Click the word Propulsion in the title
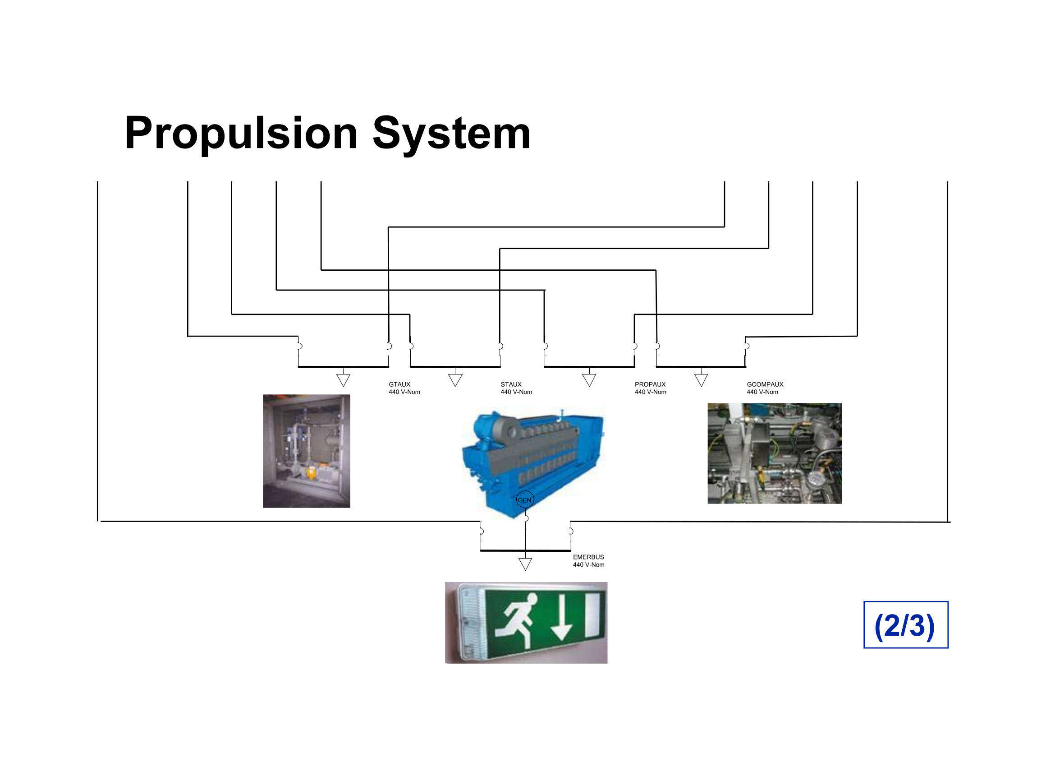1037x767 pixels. tap(241, 133)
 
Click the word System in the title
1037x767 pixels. tap(451, 133)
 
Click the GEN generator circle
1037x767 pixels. tap(525, 500)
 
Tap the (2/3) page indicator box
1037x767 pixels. tap(906, 625)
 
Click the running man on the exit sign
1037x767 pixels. tap(515, 620)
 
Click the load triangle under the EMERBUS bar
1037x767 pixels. tap(525, 564)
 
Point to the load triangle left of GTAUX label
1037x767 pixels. tap(343, 380)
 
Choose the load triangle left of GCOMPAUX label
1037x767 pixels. tap(701, 380)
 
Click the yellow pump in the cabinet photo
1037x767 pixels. tap(310, 473)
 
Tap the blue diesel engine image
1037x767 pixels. tap(532, 462)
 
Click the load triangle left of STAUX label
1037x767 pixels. tap(455, 380)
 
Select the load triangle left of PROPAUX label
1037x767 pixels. tap(589, 380)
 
